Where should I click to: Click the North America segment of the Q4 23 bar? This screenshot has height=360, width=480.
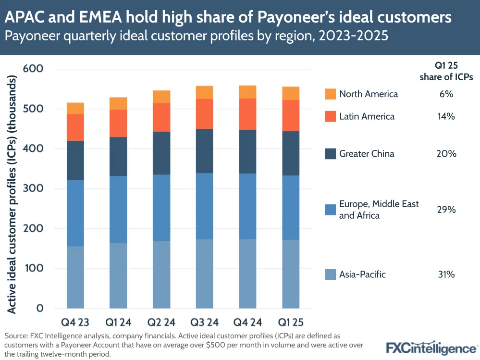click(x=75, y=108)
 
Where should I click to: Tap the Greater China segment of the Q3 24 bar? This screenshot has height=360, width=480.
click(x=205, y=146)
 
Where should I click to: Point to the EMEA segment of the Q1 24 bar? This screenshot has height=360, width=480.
click(x=119, y=209)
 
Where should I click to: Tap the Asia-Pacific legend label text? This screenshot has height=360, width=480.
click(x=362, y=274)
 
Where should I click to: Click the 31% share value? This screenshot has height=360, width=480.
click(x=446, y=274)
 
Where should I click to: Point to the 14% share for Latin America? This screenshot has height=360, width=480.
click(x=446, y=116)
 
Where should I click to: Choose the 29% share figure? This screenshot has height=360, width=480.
click(x=446, y=210)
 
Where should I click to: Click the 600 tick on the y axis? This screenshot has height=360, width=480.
click(x=34, y=69)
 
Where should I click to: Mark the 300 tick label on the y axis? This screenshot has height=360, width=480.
click(x=34, y=189)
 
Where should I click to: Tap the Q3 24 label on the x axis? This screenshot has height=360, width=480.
click(x=205, y=321)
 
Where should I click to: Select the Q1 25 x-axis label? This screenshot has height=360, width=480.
click(x=291, y=321)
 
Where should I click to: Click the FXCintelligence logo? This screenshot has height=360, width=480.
click(x=431, y=348)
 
